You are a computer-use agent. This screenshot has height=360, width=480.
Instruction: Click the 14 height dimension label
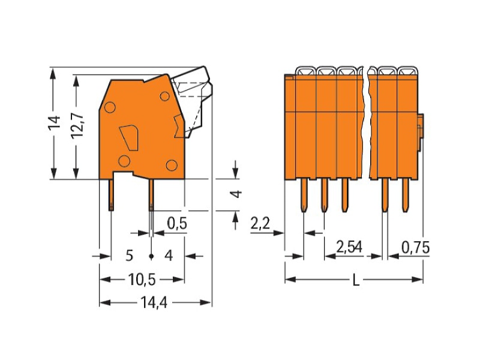tap(54, 123)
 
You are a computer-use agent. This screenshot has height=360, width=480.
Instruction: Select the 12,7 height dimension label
tap(77, 126)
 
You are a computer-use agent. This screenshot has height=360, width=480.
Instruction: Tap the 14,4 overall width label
tap(154, 303)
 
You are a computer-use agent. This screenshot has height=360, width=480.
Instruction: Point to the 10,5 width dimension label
tap(142, 280)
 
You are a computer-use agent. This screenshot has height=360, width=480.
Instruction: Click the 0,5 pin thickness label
tap(177, 223)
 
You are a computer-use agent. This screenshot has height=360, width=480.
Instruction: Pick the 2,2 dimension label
tap(260, 223)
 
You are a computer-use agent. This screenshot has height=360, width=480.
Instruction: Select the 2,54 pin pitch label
tap(349, 247)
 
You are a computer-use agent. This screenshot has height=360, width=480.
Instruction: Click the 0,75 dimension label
tap(415, 247)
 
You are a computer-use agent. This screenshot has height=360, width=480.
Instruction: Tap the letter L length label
tap(356, 280)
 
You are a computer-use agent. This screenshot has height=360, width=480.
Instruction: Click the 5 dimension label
tap(130, 256)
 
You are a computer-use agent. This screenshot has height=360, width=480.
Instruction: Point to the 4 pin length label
tap(236, 194)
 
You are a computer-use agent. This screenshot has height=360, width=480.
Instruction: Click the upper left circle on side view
tap(110, 107)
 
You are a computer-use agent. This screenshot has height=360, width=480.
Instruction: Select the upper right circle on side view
tap(164, 97)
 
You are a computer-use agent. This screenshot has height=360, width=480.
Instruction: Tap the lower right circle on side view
tap(172, 166)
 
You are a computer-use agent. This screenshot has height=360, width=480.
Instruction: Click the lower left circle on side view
tap(124, 161)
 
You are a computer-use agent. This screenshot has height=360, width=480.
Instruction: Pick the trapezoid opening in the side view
tap(130, 138)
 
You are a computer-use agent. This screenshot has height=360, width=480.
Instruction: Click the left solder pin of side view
tap(112, 195)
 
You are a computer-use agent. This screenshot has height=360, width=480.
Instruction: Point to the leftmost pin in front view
tap(304, 195)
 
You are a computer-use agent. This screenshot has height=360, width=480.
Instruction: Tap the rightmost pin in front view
tap(406, 195)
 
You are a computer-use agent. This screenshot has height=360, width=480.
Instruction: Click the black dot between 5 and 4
tap(151, 256)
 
